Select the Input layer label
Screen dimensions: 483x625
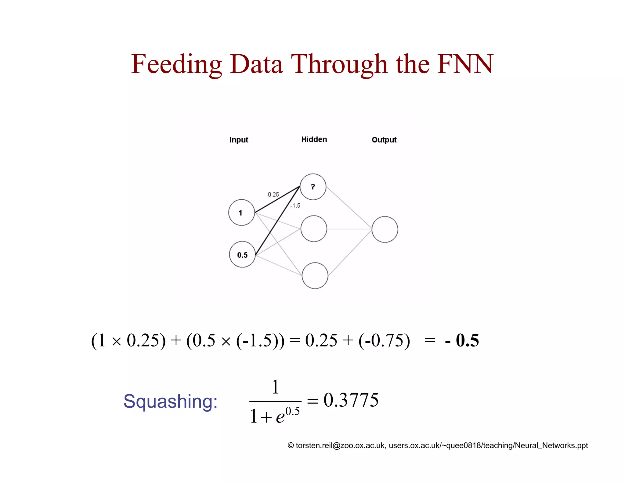point(239,140)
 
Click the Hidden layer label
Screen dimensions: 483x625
point(314,140)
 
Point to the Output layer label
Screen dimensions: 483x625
point(384,140)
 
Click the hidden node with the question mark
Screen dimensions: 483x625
point(313,187)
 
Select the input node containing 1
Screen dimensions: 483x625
point(241,212)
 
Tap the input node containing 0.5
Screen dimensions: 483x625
point(242,255)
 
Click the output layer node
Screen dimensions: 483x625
point(385,229)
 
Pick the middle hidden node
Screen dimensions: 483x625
point(314,229)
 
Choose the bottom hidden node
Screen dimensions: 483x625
point(315,275)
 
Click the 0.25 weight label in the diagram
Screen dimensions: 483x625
point(273,194)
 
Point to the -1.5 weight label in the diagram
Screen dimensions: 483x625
point(295,206)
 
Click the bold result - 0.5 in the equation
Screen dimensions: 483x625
point(462,340)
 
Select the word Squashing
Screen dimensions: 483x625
point(170,401)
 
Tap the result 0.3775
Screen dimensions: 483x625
point(351,400)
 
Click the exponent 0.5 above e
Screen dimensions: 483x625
point(293,412)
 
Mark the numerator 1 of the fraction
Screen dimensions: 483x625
point(275,387)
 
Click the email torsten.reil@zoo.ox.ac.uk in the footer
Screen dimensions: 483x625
point(340,445)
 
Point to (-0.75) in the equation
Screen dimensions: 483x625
point(384,340)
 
